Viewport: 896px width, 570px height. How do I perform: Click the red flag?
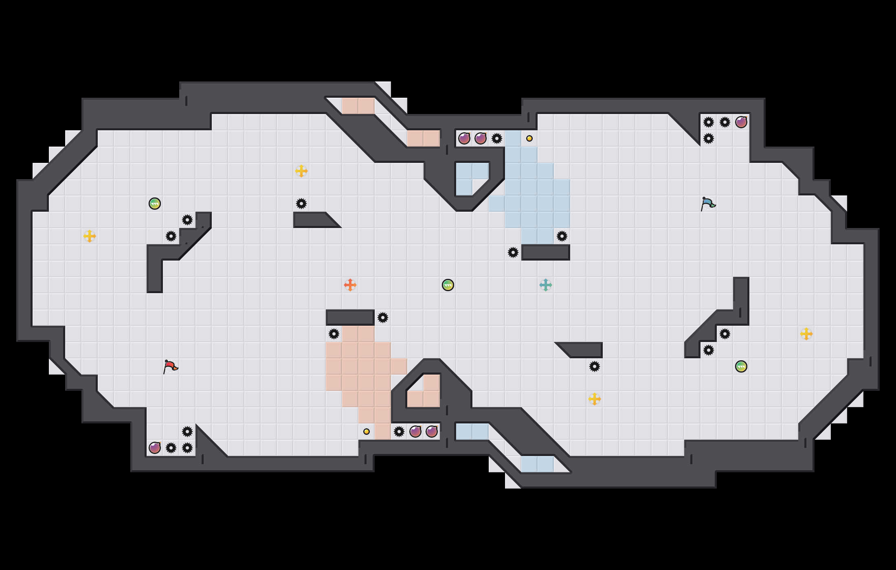click(170, 366)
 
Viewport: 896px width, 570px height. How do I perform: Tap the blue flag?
click(708, 204)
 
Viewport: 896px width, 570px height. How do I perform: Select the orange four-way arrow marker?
click(350, 285)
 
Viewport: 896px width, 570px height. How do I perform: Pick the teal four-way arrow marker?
click(546, 285)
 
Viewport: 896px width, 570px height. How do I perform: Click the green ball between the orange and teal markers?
click(448, 285)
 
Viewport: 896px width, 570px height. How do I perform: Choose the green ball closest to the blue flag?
click(741, 366)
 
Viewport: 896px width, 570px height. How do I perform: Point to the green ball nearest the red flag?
click(155, 204)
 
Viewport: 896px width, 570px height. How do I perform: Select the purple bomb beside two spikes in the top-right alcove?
click(741, 122)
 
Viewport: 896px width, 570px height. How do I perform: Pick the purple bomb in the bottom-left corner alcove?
click(155, 448)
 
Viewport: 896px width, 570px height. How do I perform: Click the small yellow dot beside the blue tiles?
click(529, 138)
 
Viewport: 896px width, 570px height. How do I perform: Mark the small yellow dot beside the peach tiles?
click(367, 432)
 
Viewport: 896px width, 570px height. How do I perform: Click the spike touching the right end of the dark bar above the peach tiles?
click(383, 318)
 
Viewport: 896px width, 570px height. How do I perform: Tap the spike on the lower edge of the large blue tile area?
click(562, 236)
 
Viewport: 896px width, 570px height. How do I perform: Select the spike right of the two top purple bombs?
click(497, 138)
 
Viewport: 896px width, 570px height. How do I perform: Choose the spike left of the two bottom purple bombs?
click(399, 432)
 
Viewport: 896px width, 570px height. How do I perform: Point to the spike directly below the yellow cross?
click(301, 204)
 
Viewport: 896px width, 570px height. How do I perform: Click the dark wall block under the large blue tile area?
click(546, 252)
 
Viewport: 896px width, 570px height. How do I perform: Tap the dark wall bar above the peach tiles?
click(350, 318)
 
